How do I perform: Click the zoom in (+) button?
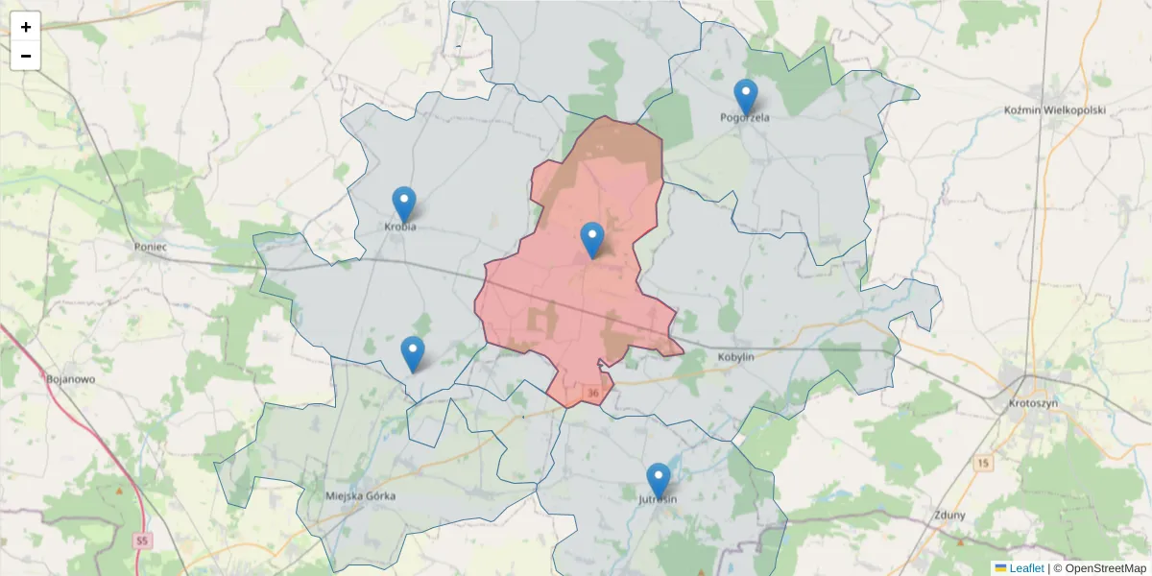coord(26,27)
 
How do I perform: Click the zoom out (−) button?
coord(26,56)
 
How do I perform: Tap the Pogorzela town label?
coord(745,118)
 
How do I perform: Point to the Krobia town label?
coord(400,228)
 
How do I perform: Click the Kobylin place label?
coord(736,357)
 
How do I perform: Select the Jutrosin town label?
coord(659,500)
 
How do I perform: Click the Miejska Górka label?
coord(361,496)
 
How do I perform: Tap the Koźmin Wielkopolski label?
coord(1054,110)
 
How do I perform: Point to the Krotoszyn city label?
coord(1033,404)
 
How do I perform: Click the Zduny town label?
coord(948,515)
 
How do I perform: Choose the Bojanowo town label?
coord(70,379)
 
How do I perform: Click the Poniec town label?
coord(151,247)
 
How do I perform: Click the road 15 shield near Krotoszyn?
coord(982,464)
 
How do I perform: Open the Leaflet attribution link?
coord(1026,568)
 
